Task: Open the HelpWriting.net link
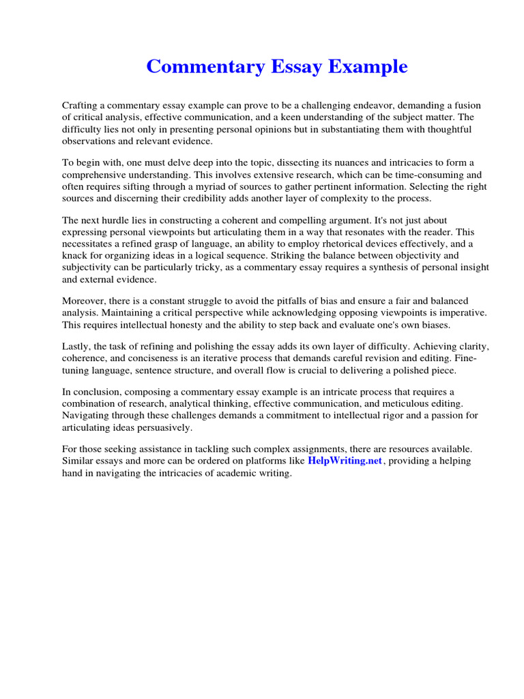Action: [345, 461]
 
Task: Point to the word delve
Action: [165, 163]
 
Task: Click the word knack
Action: [76, 255]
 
